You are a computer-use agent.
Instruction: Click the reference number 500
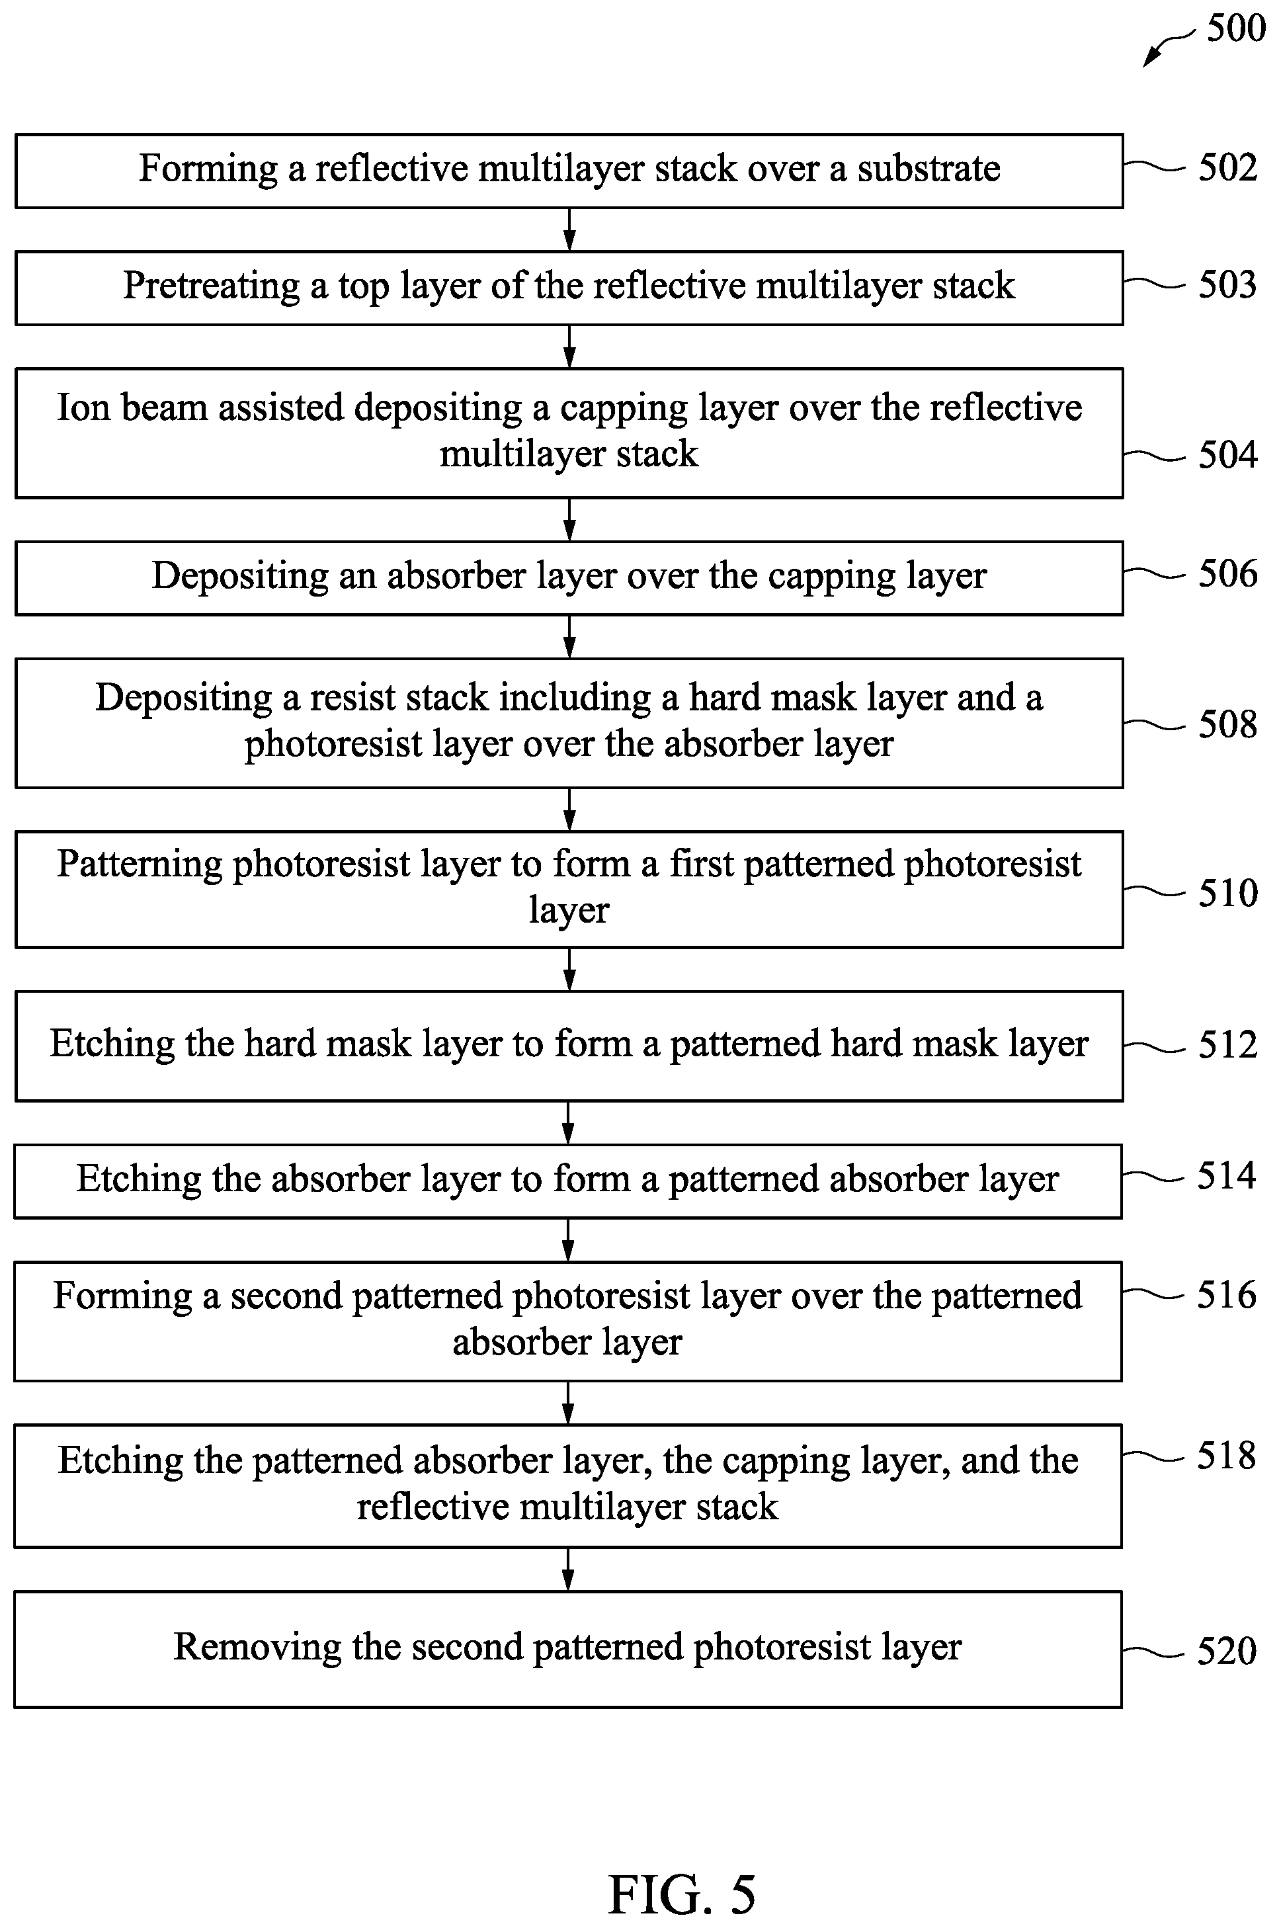pos(1236,28)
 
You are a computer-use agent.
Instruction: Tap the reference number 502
pos(1227,167)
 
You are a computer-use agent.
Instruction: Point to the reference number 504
pos(1227,454)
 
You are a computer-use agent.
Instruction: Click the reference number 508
pos(1227,724)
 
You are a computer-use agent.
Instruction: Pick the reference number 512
pos(1227,1045)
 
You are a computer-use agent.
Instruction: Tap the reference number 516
pos(1227,1294)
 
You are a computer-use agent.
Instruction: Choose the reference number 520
pos(1227,1652)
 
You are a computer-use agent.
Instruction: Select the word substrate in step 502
pos(928,168)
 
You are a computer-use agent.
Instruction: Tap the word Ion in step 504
pos(83,407)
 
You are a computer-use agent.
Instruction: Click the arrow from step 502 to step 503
pos(569,229)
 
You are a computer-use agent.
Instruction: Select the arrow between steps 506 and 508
pos(569,636)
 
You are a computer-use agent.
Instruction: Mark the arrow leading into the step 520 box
pos(569,1569)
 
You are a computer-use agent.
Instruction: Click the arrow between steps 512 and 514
pos(569,1123)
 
